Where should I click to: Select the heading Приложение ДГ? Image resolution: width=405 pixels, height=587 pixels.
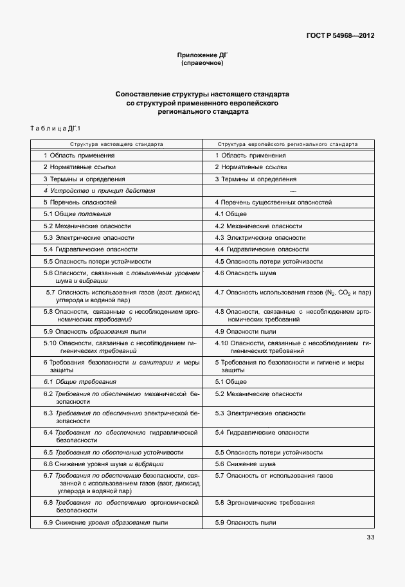pyautogui.click(x=202, y=56)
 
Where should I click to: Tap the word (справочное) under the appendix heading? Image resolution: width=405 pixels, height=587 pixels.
pyautogui.click(x=202, y=64)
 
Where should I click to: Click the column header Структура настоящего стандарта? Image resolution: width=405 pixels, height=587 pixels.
pyautogui.click(x=117, y=145)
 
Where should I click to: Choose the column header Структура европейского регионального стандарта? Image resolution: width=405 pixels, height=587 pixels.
pyautogui.click(x=288, y=145)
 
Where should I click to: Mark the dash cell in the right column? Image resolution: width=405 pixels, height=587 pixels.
pyautogui.click(x=293, y=191)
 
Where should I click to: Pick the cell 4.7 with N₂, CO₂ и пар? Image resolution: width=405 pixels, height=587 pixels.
pyautogui.click(x=293, y=293)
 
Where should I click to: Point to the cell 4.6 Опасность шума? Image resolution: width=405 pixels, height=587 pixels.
pyautogui.click(x=246, y=273)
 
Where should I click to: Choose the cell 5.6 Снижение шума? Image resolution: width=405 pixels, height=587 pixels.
pyautogui.click(x=245, y=464)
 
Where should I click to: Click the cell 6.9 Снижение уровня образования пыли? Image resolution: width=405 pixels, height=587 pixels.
pyautogui.click(x=105, y=522)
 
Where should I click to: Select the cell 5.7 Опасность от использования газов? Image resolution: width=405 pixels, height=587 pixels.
pyautogui.click(x=274, y=475)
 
